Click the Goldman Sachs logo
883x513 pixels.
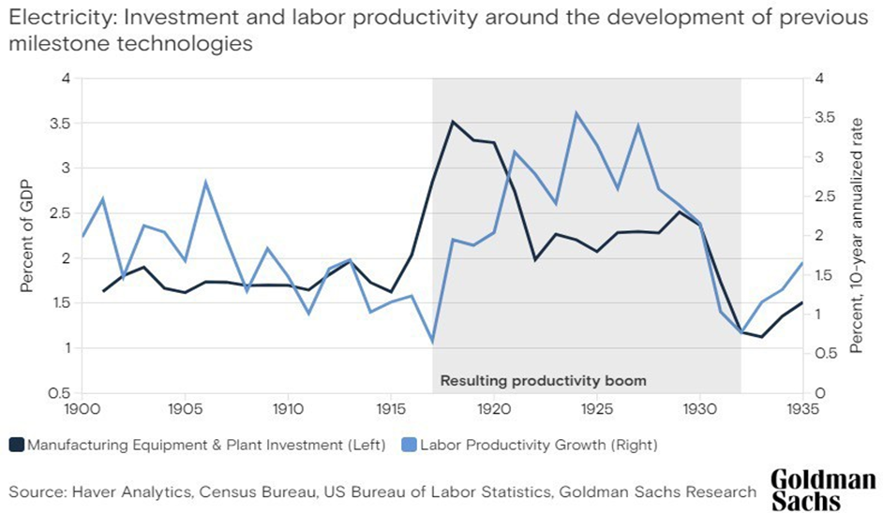point(823,490)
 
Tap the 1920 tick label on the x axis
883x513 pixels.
point(494,409)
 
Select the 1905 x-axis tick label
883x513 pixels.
point(185,409)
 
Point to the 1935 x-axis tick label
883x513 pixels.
point(802,409)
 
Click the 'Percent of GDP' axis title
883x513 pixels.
point(26,236)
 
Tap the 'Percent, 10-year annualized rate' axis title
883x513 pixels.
point(857,236)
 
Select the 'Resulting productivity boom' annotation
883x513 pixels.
point(544,381)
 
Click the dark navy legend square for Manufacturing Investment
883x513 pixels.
point(17,445)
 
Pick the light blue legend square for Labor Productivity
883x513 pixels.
point(410,445)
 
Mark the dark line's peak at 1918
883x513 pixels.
point(453,121)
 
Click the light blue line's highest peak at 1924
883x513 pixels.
point(576,112)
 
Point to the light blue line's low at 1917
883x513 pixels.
point(432,342)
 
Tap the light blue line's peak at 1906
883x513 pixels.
point(205,182)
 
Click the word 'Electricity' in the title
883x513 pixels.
point(59,18)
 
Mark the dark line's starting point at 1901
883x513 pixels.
point(103,291)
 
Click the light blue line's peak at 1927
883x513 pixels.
point(638,125)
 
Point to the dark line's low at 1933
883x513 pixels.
point(761,337)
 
